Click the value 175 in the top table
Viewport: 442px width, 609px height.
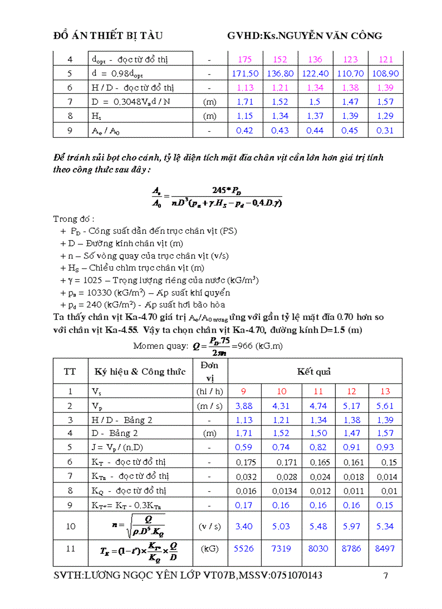(245, 60)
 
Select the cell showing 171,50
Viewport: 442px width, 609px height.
(245, 73)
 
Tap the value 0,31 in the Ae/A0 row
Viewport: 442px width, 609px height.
(385, 130)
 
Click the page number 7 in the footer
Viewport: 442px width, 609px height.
(386, 576)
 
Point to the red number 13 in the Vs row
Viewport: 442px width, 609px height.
(385, 392)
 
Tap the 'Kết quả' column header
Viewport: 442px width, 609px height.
(314, 371)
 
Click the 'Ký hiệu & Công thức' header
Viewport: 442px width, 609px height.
(140, 371)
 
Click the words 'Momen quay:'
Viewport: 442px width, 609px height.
(161, 346)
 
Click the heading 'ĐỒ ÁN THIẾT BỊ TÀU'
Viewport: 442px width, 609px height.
(108, 36)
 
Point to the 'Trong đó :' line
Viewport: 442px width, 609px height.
(74, 219)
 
